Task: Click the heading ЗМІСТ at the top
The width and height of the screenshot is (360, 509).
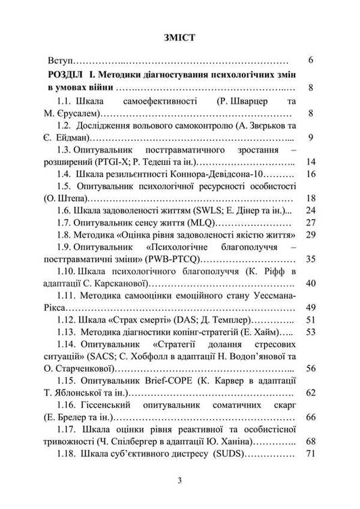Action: point(179,38)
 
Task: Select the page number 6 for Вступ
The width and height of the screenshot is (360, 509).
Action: point(309,61)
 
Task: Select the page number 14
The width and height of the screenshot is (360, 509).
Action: point(309,163)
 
